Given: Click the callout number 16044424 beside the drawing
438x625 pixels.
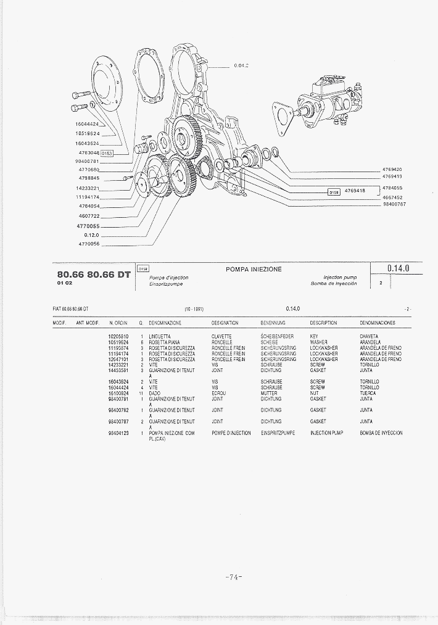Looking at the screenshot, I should pos(88,124).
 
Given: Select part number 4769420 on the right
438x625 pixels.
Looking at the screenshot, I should pos(392,169).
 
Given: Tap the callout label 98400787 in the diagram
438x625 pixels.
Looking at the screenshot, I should pos(394,204).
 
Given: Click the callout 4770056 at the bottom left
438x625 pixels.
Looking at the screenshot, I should pos(89,244).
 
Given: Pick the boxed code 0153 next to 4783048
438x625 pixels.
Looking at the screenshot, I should pos(107,153).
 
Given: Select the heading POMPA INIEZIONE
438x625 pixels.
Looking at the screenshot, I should pos(254,270).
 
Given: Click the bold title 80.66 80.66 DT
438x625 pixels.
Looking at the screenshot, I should pos(94,275).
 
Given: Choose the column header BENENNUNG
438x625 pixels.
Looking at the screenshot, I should pos(275,323).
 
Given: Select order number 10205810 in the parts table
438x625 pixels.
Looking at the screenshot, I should pos(118,336).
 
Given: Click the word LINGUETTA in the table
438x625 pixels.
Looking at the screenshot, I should pos(160,336).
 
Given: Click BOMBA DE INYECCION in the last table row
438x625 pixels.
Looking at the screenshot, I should pos(381,433).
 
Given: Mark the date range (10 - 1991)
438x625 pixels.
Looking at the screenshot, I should pos(194,308).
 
